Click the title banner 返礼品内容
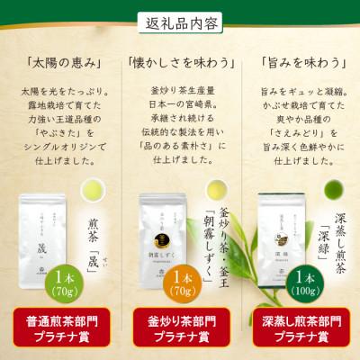click(x=179, y=21)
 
